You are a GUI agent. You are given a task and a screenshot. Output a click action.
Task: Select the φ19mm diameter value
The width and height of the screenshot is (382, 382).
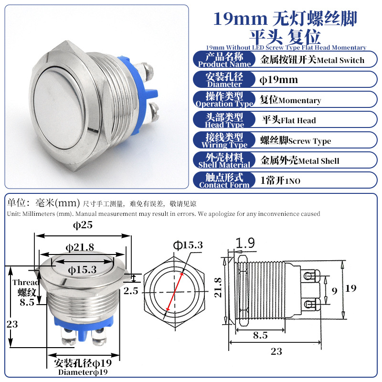tap(279, 80)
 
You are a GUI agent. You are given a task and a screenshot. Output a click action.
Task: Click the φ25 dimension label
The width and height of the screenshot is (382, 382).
tap(83, 225)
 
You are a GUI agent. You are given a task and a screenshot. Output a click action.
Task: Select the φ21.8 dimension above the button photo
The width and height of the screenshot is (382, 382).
tap(80, 247)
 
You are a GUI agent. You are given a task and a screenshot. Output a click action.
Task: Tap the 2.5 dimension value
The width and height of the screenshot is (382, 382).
tap(131, 291)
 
